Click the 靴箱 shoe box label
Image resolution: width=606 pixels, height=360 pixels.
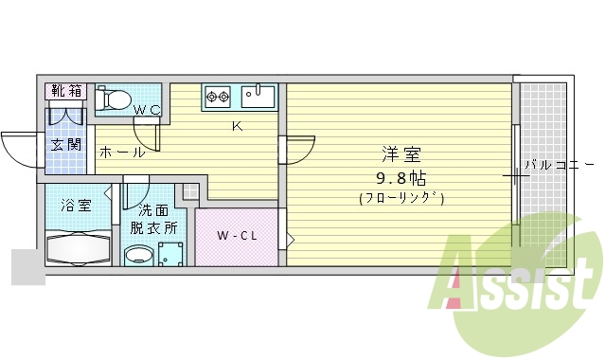(x=65, y=91)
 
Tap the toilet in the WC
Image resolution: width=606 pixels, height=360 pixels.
(x=115, y=97)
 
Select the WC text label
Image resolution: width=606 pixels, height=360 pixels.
(x=146, y=110)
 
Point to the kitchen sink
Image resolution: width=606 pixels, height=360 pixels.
(x=257, y=96)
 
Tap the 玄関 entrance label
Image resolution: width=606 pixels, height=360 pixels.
(x=65, y=145)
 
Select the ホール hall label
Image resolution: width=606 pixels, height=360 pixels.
(x=121, y=152)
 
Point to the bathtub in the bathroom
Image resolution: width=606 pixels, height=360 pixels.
(x=79, y=248)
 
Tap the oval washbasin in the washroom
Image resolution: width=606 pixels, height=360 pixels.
(x=138, y=254)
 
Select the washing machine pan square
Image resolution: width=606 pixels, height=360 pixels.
(x=170, y=254)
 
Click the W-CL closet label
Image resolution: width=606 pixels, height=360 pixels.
(x=236, y=235)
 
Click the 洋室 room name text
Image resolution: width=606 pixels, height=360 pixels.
(x=401, y=154)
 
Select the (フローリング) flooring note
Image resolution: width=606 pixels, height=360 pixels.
(x=401, y=198)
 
